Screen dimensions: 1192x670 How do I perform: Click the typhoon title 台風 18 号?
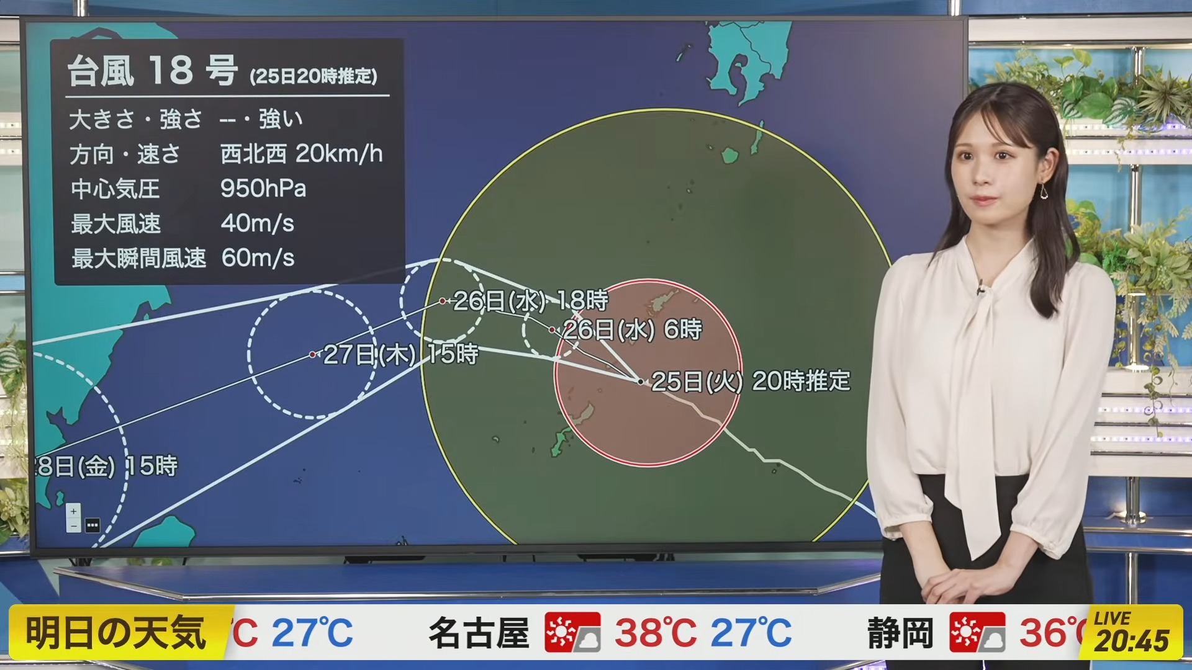tap(153, 70)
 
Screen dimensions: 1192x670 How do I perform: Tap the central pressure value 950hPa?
tap(263, 189)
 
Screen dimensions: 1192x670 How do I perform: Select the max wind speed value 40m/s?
tap(258, 223)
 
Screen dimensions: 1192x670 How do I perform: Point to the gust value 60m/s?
tap(258, 258)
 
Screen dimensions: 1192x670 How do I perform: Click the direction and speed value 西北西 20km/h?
tap(302, 154)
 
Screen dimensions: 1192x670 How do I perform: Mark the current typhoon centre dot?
tap(641, 382)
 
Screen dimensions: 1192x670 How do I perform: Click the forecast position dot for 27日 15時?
tap(313, 355)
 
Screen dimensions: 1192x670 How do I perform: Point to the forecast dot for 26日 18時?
tap(443, 301)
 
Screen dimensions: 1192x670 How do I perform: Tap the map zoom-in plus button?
tap(73, 512)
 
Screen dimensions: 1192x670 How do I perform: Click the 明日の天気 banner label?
tap(116, 633)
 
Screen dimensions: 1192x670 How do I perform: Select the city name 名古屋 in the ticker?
tap(479, 633)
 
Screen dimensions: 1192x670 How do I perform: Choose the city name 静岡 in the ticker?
tap(901, 633)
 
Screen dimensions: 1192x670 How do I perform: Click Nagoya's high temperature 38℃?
tap(656, 633)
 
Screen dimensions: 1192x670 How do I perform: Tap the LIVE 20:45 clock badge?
tap(1131, 632)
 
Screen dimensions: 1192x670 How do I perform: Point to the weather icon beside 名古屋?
tap(572, 632)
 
